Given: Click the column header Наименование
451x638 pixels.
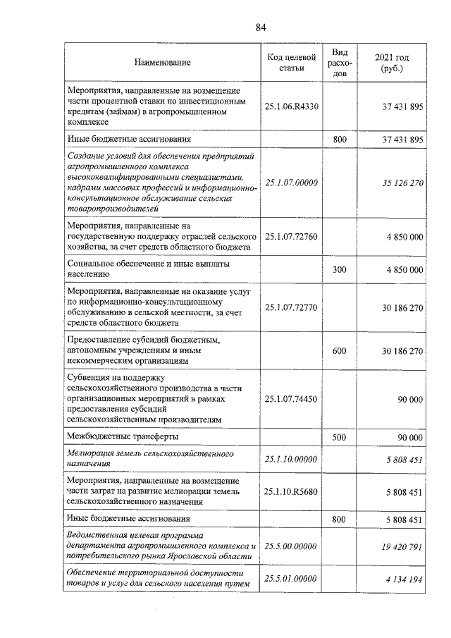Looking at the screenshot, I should click(x=163, y=63).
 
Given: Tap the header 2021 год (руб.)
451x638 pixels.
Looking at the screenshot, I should click(x=393, y=62).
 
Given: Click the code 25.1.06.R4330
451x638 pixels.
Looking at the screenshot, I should click(x=292, y=106).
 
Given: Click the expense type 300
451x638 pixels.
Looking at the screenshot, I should click(x=340, y=269).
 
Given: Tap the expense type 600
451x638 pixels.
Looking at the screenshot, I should click(x=340, y=350).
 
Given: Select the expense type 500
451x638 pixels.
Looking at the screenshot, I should click(x=340, y=437).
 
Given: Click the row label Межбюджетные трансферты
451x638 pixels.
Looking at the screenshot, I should click(x=118, y=437).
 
